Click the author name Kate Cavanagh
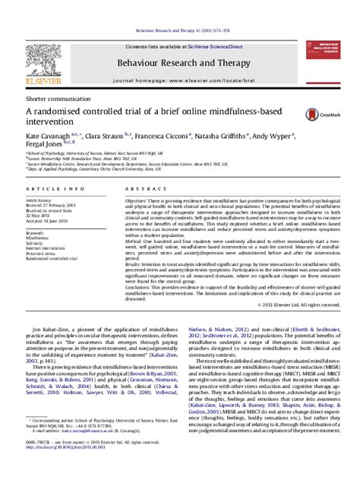52,132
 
